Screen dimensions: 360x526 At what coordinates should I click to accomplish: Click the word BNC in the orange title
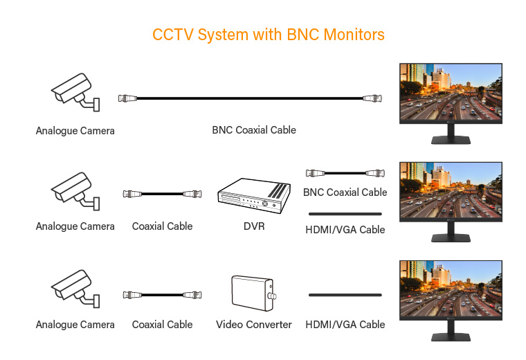[302, 35]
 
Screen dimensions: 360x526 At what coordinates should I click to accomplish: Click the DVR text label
[253, 226]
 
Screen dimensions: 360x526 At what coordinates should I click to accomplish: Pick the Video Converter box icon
[253, 295]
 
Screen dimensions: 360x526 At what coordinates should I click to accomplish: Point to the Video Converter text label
[253, 325]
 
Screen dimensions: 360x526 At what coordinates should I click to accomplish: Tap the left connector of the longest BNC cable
[127, 99]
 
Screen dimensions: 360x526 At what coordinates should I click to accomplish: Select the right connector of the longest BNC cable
[373, 99]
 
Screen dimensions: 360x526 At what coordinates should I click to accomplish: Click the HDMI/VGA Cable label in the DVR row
[345, 229]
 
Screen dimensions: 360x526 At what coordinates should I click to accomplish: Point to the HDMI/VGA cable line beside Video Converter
[345, 295]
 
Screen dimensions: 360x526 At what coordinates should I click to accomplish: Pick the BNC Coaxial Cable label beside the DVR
[345, 192]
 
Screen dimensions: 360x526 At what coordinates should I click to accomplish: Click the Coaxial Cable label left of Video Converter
[162, 325]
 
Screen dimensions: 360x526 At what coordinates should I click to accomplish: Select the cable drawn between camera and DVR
[162, 195]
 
